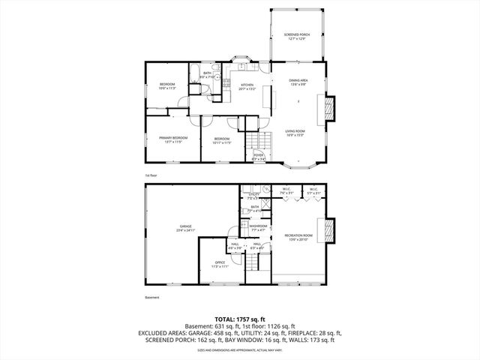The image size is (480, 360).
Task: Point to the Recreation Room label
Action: pos(298,238)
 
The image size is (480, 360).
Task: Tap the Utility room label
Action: pos(254,195)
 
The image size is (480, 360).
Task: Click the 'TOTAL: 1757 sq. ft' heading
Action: pos(238,319)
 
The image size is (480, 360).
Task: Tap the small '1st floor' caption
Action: pos(151,175)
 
